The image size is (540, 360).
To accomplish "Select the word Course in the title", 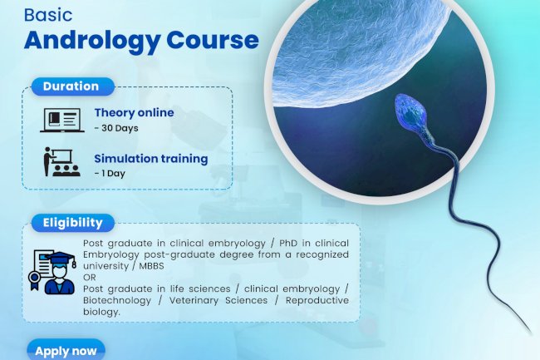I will (x=213, y=40).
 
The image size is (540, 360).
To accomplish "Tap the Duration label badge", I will (x=71, y=86).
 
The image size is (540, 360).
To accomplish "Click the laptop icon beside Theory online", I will (x=61, y=120).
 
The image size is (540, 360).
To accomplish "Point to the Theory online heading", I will (x=134, y=113).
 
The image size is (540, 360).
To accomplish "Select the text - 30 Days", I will (x=115, y=128).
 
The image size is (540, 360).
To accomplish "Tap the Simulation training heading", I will (x=150, y=158).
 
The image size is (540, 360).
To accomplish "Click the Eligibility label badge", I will (x=73, y=223).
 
